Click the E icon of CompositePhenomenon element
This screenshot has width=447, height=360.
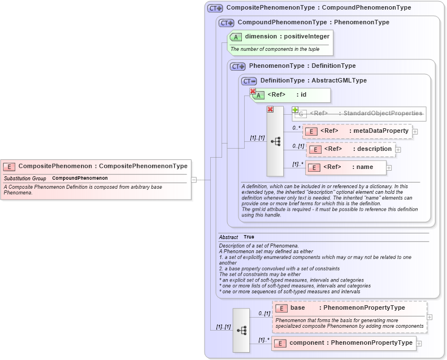tap(9, 166)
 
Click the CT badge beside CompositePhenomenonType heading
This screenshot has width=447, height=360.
tap(215, 8)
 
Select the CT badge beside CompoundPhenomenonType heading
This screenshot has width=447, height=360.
tap(226, 23)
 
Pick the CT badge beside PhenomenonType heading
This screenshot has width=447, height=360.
tap(237, 66)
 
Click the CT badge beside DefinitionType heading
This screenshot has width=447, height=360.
tap(249, 81)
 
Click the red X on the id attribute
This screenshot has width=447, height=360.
tap(253, 91)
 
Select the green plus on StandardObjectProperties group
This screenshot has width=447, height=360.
tap(295, 110)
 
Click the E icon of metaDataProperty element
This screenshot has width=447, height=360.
tap(311, 131)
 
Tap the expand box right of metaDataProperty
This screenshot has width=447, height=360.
tap(415, 131)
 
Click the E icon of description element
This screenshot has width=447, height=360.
tap(315, 149)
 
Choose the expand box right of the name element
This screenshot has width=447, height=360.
tap(389, 167)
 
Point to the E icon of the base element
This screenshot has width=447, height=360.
tap(281, 308)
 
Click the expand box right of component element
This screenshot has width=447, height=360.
tap(419, 343)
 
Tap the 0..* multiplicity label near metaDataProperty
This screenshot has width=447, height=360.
tap(296, 128)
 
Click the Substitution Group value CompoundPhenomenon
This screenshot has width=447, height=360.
tap(80, 178)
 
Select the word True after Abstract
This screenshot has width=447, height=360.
tap(249, 237)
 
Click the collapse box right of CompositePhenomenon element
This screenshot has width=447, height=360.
tap(194, 180)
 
